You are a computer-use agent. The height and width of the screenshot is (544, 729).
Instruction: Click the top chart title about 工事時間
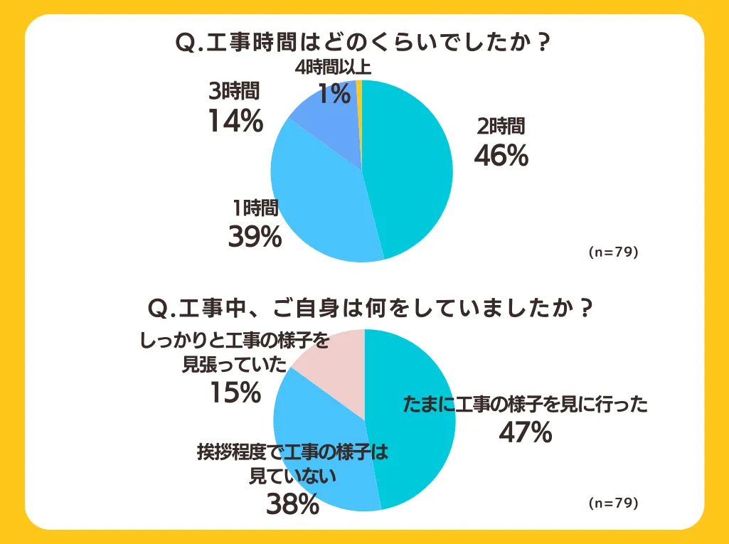point(363,43)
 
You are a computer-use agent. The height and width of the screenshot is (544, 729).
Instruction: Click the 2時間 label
point(501,127)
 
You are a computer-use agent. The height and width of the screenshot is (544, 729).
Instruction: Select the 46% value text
point(501,156)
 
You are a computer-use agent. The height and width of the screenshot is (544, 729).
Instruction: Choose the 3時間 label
point(235,91)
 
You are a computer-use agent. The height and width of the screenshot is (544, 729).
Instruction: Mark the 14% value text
point(235,121)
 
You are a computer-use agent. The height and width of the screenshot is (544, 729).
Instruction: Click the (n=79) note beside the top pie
point(614,252)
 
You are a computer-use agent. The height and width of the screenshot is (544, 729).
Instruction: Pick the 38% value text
point(292,503)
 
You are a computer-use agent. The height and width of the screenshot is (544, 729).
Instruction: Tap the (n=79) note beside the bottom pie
point(614,503)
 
